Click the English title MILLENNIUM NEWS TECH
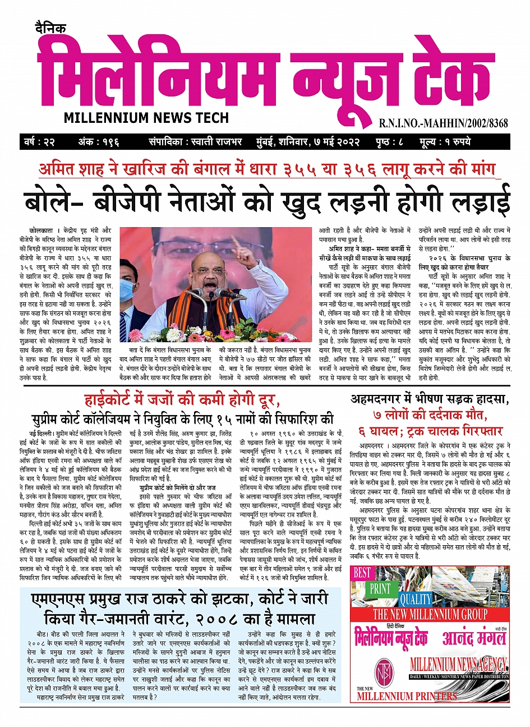point(146,118)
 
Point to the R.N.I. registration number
point(444,122)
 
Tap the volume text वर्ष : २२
point(39,141)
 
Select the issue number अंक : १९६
point(99,141)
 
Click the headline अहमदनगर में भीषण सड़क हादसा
point(430,400)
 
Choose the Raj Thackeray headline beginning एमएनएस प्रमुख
point(179,599)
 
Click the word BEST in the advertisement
point(363,573)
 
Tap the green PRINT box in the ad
point(380,589)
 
